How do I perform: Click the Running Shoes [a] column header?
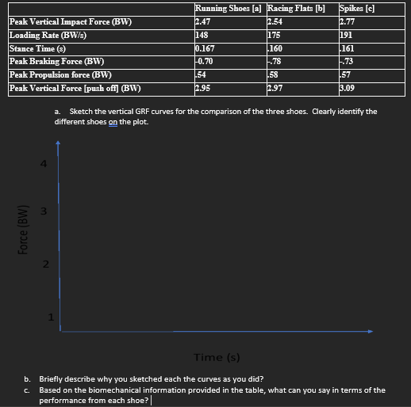(229, 10)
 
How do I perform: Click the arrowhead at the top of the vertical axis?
(57, 146)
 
